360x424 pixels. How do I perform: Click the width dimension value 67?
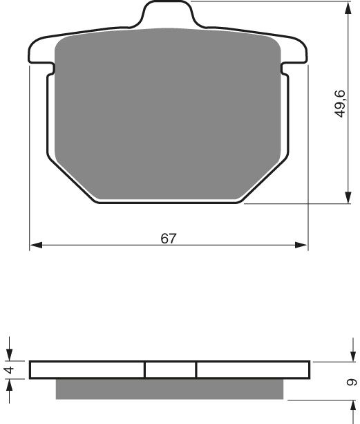coord(169,239)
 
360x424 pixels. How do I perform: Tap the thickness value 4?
coord(9,370)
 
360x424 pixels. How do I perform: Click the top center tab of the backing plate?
coord(167,15)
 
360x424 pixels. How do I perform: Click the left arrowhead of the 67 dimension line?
coord(35,245)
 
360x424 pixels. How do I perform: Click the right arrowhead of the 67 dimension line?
coord(302,245)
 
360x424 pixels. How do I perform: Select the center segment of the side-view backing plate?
coord(171,370)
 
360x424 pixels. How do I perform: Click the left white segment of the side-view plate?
coord(87,370)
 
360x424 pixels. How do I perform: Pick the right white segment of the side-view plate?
coord(252,370)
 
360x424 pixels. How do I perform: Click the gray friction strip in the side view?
coord(169,389)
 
